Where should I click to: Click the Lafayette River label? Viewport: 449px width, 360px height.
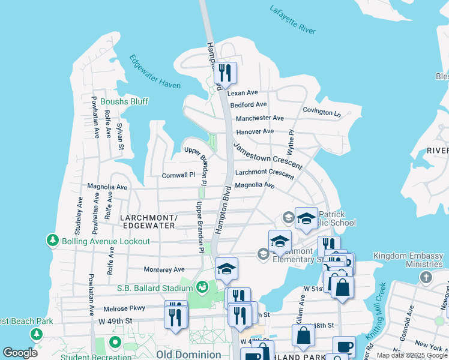[x=292, y=20]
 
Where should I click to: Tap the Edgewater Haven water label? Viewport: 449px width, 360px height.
[x=155, y=72]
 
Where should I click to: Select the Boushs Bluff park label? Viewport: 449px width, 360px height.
[x=124, y=101]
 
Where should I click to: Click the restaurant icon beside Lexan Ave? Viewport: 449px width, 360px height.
[x=225, y=74]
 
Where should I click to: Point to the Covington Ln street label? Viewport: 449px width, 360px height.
[x=321, y=112]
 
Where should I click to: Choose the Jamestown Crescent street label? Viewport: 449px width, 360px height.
[x=268, y=156]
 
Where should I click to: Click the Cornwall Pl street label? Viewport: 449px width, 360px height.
[x=179, y=176]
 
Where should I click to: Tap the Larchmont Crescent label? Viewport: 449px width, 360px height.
[x=265, y=173]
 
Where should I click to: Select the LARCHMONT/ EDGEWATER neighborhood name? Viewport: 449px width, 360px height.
[x=148, y=221]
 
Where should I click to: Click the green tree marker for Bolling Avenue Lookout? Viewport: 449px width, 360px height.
[x=53, y=241]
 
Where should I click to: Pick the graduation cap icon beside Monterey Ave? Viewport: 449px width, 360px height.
[x=226, y=269]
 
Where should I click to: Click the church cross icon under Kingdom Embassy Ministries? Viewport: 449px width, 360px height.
[x=426, y=277]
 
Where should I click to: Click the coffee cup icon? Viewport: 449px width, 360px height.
[x=344, y=347]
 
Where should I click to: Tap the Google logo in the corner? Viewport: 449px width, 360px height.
[x=20, y=353]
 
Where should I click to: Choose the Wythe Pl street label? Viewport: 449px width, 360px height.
[x=291, y=140]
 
